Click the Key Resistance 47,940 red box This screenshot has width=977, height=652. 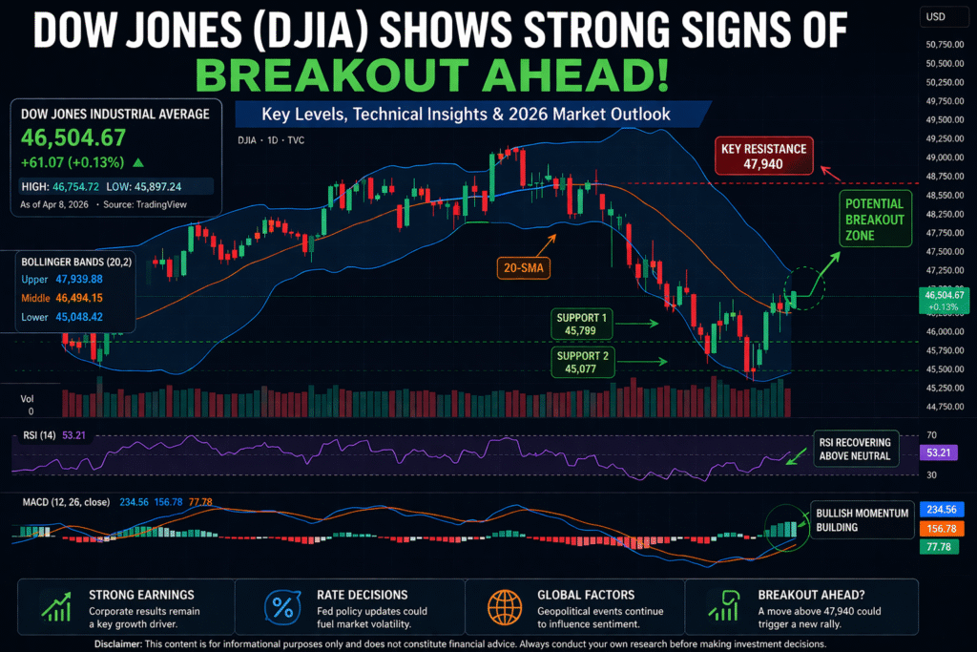pos(765,157)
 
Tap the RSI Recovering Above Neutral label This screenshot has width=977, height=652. pos(856,449)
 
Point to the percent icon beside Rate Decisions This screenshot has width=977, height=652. pos(282,605)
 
